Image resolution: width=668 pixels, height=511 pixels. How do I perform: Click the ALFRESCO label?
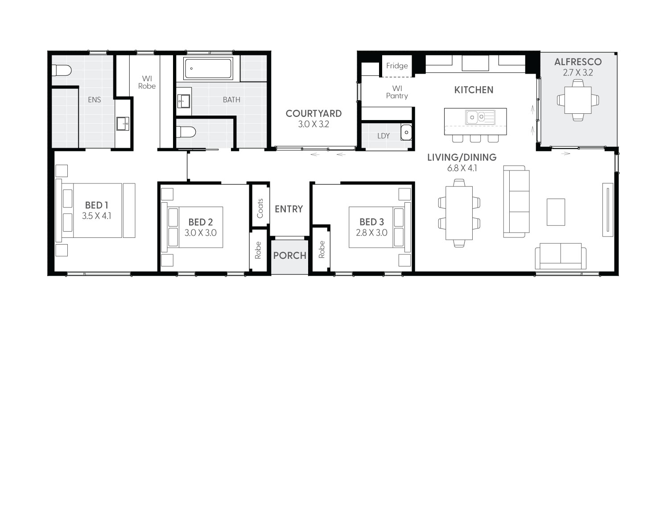point(577,62)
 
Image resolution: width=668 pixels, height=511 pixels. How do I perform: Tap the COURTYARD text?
point(313,114)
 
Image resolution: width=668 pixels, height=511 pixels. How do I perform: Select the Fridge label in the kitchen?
point(397,66)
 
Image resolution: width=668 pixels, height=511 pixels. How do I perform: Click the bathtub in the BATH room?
point(208,69)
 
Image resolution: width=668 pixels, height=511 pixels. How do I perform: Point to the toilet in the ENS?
point(61,71)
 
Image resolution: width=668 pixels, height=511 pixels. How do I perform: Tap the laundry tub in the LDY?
point(406,133)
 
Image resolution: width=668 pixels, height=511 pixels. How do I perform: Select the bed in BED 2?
point(195,227)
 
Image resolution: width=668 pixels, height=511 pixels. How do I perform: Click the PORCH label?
point(290,256)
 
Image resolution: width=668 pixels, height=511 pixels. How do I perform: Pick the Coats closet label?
point(260,208)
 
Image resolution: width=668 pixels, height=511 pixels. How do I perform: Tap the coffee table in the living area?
point(556,212)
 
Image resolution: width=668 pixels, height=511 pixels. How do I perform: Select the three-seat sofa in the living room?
point(515,201)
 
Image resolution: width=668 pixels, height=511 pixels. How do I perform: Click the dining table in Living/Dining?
point(459,213)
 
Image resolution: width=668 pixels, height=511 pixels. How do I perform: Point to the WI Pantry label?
point(397,92)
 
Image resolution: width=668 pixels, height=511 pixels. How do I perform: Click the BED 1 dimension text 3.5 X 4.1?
point(96,216)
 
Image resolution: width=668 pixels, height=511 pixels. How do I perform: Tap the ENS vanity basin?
point(123,123)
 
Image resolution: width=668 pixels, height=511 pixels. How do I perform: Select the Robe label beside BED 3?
point(322,249)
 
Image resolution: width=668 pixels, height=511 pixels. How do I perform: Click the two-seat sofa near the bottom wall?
point(561,255)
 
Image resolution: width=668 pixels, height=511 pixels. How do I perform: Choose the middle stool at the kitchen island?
point(475,138)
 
